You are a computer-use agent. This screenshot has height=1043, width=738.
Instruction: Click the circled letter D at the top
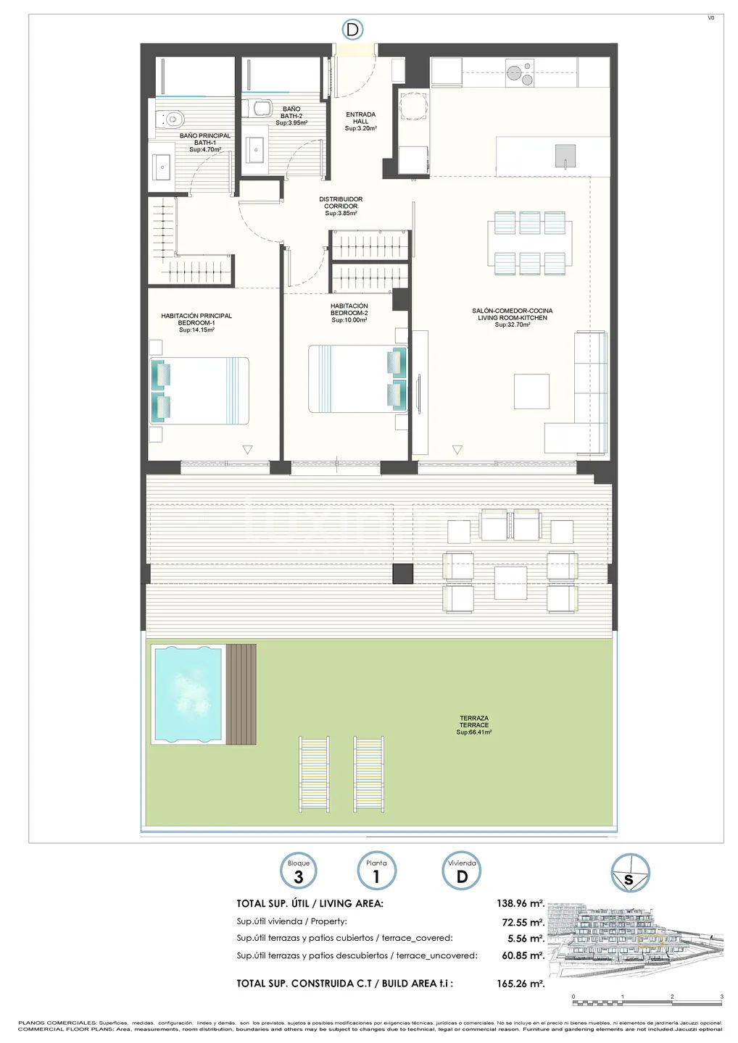(352, 30)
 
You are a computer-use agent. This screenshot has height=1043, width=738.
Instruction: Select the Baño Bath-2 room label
(291, 116)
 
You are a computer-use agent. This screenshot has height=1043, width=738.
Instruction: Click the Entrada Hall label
(360, 121)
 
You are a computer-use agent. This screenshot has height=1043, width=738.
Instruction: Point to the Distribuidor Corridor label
(341, 206)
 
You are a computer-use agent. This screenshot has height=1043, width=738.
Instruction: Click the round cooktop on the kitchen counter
(519, 73)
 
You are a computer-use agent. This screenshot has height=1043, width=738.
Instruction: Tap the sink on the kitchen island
(565, 156)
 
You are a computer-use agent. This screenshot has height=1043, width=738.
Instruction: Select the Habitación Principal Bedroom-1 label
(196, 323)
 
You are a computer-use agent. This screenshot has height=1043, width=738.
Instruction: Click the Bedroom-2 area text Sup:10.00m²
(349, 320)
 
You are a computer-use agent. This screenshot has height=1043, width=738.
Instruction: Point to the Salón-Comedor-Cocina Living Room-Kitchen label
(512, 318)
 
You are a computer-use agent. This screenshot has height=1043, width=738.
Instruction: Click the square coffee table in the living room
(531, 391)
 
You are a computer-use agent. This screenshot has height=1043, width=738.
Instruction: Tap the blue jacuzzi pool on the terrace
(187, 694)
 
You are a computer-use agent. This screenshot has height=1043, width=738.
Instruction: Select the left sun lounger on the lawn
(314, 774)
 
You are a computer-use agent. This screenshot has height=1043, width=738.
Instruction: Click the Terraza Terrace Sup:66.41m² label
(474, 725)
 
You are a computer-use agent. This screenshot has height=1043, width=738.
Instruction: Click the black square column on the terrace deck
(403, 574)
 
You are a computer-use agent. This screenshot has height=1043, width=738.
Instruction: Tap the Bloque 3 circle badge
(299, 871)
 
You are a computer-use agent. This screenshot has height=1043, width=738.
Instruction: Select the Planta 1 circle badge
(376, 871)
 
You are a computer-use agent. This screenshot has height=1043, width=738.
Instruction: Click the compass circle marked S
(629, 873)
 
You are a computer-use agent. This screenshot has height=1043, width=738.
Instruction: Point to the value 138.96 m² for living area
(521, 904)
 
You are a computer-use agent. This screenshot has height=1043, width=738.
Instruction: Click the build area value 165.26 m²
(521, 984)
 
